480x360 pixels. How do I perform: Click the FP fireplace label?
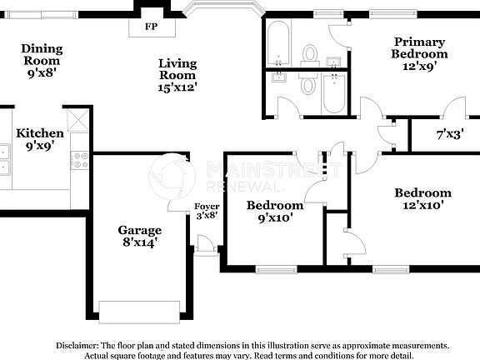coord(151,27)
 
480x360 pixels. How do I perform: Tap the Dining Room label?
coord(42,54)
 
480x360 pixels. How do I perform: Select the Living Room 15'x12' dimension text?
coord(177,86)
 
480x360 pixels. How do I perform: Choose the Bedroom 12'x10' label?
coord(422,198)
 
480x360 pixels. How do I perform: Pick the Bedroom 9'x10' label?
coord(274,212)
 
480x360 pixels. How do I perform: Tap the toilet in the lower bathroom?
coord(307,86)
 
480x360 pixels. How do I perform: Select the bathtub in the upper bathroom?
coord(278,43)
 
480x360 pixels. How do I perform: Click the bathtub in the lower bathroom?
coord(334,92)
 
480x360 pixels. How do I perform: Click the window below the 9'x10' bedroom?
coord(276,269)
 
